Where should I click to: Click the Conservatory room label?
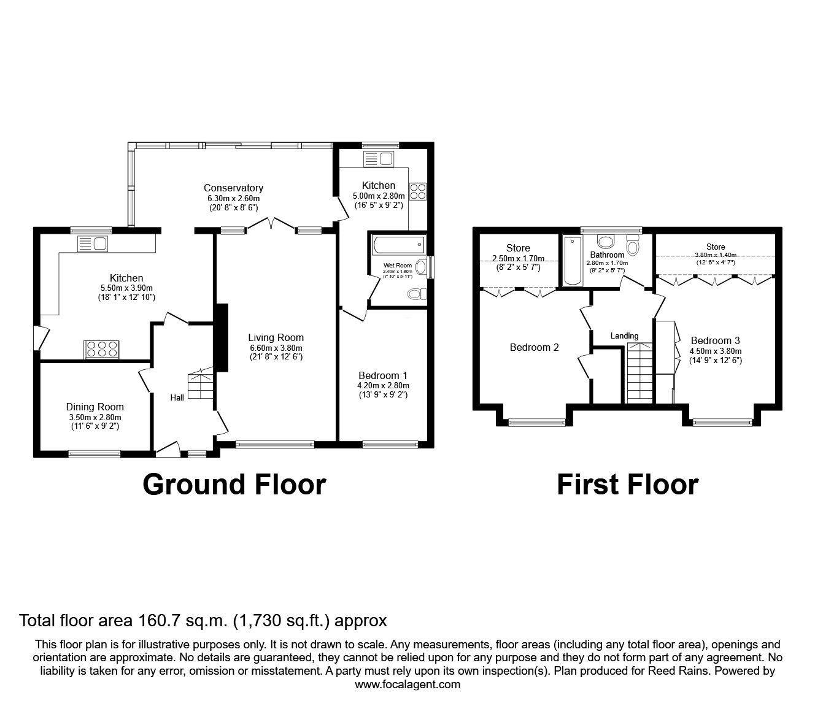click(233, 188)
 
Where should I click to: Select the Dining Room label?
click(95, 407)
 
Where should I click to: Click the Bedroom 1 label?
click(383, 375)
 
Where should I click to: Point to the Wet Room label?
click(398, 266)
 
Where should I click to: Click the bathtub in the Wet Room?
click(398, 245)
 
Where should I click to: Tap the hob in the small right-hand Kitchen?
click(418, 191)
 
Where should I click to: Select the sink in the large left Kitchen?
click(93, 244)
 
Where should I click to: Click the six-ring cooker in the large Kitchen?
click(102, 350)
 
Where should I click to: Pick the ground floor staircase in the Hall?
click(201, 385)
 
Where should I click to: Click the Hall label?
click(177, 398)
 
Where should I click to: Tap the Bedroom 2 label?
click(535, 347)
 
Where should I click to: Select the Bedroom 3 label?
click(716, 340)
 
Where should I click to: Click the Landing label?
click(624, 336)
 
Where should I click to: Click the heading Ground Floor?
click(234, 485)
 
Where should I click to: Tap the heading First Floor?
click(627, 485)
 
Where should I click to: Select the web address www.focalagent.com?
click(407, 685)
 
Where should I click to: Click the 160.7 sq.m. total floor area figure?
click(180, 621)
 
